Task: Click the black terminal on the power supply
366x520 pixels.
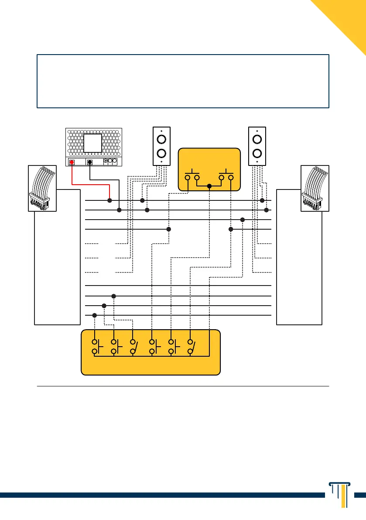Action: coord(89,162)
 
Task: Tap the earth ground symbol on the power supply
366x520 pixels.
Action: coord(106,161)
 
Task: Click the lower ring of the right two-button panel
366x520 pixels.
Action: coord(257,154)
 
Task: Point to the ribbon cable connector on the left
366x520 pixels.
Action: coord(42,188)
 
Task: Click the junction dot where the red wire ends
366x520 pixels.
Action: coord(109,200)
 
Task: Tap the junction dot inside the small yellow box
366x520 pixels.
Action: coord(209,186)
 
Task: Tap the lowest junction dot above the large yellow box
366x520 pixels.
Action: coord(94,315)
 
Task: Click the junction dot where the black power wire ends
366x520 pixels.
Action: coord(119,210)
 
